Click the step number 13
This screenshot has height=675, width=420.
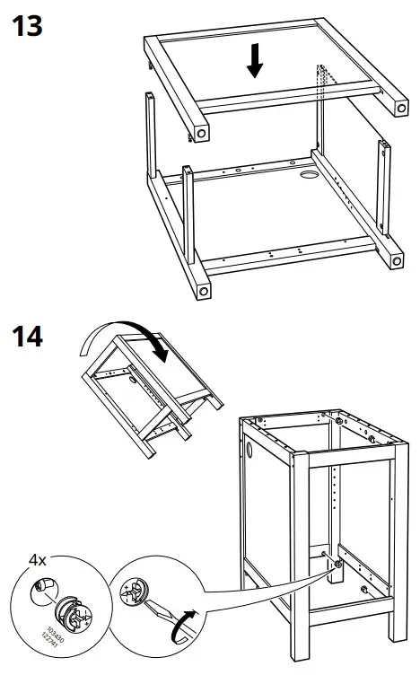tap(26, 26)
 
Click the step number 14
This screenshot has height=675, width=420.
tap(26, 339)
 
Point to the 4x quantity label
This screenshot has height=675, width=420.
tap(37, 560)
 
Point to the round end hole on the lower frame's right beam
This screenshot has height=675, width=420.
tap(396, 262)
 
